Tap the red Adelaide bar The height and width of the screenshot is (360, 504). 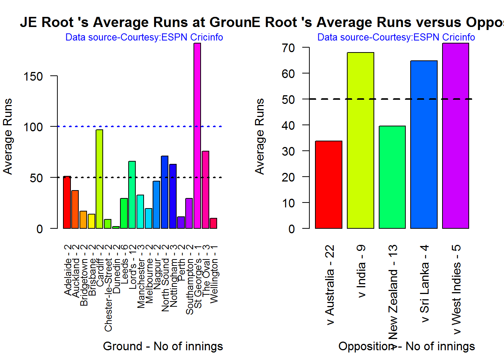pyautogui.click(x=67, y=202)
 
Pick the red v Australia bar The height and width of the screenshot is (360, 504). pyautogui.click(x=328, y=184)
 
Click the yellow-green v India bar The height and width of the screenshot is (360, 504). pyautogui.click(x=360, y=140)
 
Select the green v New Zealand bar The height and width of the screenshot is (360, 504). pyautogui.click(x=392, y=177)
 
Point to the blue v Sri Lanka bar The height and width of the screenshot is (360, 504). pyautogui.click(x=424, y=144)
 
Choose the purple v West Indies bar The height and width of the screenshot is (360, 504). pyautogui.click(x=455, y=136)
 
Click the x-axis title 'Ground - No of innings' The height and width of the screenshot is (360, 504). pyautogui.click(x=163, y=346)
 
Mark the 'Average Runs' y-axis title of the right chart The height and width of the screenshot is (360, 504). pyautogui.click(x=259, y=136)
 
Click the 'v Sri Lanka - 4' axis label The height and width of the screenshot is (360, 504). pyautogui.click(x=424, y=284)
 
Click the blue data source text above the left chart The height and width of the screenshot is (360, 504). pyautogui.click(x=144, y=37)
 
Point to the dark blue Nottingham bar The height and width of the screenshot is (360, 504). pyautogui.click(x=172, y=196)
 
